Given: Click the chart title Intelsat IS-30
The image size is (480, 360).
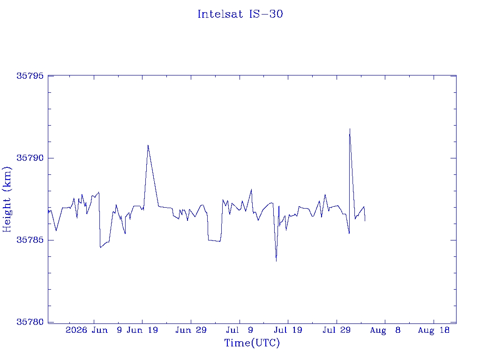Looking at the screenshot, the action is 240,14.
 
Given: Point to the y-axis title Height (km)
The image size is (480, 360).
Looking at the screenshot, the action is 7,200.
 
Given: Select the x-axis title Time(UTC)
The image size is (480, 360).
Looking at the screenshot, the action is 252,343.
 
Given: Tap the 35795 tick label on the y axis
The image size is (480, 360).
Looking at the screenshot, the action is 30,76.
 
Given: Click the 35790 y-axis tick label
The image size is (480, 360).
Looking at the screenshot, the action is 30,158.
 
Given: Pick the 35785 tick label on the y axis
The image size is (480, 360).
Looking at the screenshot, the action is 30,240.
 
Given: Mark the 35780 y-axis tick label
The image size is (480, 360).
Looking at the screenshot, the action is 30,322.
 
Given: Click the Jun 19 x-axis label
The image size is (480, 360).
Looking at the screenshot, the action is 142,330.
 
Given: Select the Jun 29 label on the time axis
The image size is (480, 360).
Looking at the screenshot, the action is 191,330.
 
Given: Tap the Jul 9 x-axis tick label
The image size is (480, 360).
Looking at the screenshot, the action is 240,330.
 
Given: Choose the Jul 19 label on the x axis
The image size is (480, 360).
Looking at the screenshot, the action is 288,330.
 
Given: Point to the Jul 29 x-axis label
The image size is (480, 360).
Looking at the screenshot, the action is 337,330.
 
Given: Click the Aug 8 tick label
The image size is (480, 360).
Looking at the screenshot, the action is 385,330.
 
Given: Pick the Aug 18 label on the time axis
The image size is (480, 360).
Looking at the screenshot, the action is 434,330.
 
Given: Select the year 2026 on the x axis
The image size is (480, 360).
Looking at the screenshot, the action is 76,330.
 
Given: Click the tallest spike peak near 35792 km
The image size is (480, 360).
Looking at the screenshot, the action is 350,129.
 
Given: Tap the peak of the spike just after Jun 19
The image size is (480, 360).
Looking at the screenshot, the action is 148,145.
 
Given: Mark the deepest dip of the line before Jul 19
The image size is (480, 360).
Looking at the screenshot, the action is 276,261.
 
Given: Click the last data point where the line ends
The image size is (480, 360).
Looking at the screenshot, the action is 365,221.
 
